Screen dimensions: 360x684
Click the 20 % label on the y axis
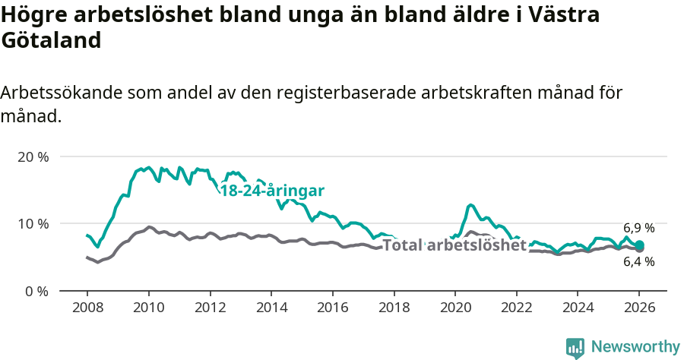[33, 157]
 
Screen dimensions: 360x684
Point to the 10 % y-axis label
[33, 224]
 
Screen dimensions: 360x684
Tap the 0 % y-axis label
[36, 291]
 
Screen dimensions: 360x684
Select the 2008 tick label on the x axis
[87, 308]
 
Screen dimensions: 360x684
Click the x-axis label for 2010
[148, 308]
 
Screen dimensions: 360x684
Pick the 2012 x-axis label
[210, 308]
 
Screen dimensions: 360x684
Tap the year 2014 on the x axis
[271, 308]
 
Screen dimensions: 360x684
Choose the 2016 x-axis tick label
[332, 308]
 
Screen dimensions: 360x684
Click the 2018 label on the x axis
[394, 308]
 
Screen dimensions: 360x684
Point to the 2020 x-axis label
[455, 308]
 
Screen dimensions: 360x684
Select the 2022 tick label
[517, 308]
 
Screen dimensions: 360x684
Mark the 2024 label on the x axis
[578, 308]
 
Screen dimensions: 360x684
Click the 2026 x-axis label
[639, 308]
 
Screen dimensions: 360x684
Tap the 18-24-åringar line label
[272, 191]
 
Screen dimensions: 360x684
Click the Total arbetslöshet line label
[454, 245]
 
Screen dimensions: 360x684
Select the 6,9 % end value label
[638, 228]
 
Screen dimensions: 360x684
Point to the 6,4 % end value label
[638, 262]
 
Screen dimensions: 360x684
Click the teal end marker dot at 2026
[639, 245]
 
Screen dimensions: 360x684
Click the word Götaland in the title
[52, 41]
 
